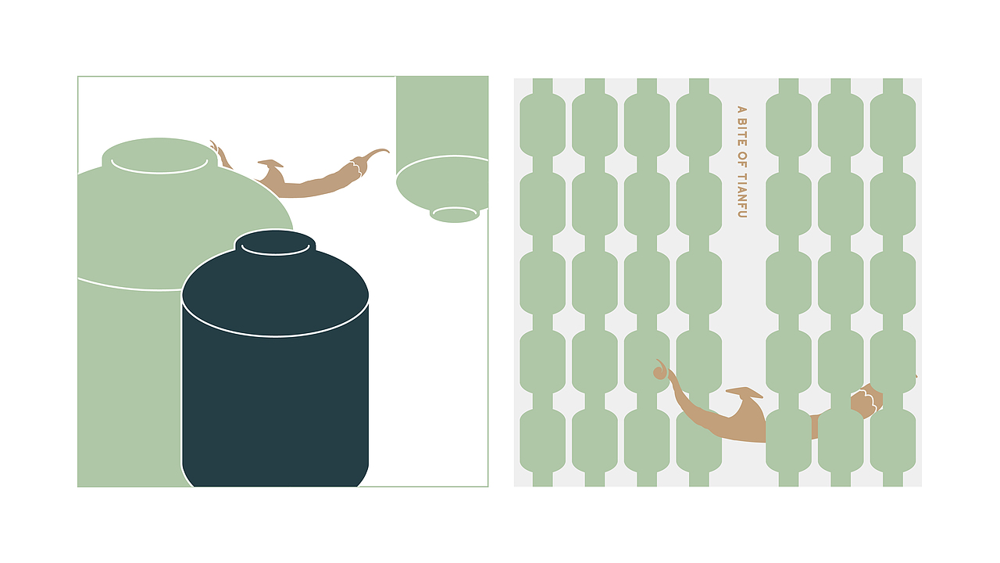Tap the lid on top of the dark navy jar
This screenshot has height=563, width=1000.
(275, 242)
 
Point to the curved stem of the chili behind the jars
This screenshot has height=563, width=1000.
(375, 152)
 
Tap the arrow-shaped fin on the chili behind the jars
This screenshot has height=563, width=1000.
(271, 163)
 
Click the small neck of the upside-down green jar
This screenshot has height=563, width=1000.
(455, 214)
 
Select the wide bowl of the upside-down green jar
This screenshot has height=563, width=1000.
(442, 183)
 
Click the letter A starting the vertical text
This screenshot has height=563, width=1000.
(741, 110)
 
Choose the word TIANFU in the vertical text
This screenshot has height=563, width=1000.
(741, 195)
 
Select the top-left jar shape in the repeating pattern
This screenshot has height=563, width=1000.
(542, 125)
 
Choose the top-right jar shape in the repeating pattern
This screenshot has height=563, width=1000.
(893, 125)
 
